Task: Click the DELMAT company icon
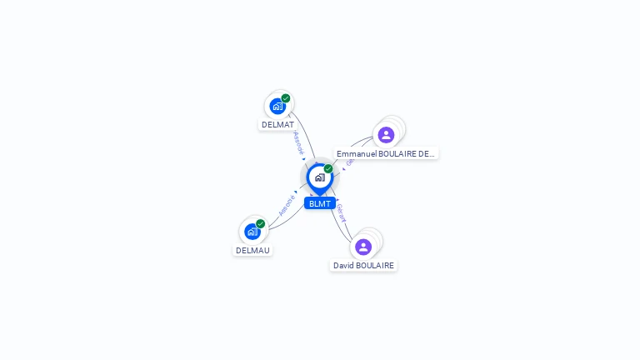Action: point(277,106)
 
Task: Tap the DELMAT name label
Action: point(277,125)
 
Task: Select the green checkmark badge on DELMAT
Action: point(286,98)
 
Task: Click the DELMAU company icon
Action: point(252,232)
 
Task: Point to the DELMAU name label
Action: point(252,250)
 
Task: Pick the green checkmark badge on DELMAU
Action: point(260,223)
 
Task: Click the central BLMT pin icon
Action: point(319,177)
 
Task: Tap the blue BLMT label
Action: point(319,203)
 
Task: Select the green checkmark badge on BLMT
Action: point(328,168)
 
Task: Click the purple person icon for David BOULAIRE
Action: point(363,247)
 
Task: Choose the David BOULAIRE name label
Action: point(363,265)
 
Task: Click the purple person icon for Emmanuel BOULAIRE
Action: point(386,135)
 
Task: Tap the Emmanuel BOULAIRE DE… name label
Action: point(386,153)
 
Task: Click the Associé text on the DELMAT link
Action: point(298,142)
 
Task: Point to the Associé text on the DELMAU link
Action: point(287,204)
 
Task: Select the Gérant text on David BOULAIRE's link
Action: point(341,212)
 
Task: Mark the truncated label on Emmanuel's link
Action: point(350,162)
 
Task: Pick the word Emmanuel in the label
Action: point(356,153)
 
